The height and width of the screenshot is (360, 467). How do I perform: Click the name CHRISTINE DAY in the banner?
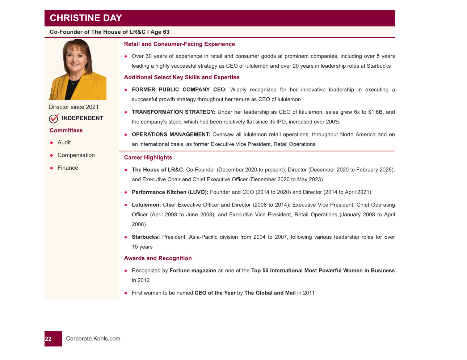coord(86,18)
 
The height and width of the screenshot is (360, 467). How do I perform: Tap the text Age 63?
coord(160,32)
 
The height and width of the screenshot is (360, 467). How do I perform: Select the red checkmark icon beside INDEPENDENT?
coord(54,118)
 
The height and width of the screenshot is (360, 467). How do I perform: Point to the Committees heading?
coord(66,130)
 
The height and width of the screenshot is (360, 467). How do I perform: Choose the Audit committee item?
coord(64,143)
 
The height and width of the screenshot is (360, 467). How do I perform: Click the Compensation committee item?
coord(76,155)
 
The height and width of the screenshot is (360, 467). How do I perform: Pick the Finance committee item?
coord(68,168)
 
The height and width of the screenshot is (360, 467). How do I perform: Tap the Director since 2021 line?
coord(73,107)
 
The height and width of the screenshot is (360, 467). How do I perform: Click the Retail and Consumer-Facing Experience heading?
coord(179,44)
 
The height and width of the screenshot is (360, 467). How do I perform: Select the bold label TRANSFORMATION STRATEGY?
coord(173,112)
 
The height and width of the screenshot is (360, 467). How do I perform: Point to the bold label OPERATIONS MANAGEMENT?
coord(171,135)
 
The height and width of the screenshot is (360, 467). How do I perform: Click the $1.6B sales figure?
coord(375,112)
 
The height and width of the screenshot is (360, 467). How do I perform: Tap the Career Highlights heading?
coord(148,157)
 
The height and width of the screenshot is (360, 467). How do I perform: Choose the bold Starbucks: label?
coord(146,237)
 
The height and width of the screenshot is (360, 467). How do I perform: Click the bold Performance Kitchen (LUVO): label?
coord(170,192)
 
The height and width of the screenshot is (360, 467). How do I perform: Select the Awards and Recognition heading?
coord(158,258)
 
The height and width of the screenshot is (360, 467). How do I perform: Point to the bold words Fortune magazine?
coord(193,271)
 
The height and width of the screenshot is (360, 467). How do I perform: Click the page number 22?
coord(49,339)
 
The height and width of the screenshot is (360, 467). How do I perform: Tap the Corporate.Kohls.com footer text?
coord(93,339)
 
